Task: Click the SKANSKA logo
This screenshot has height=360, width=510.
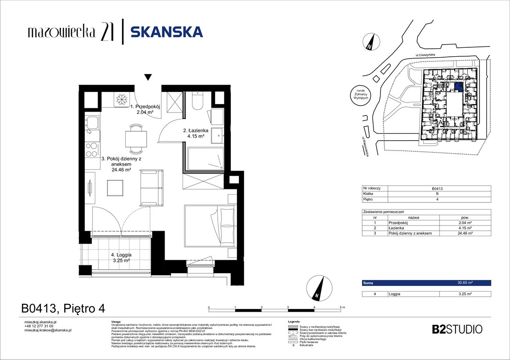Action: click(167, 32)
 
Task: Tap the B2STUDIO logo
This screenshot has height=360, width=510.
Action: click(457, 329)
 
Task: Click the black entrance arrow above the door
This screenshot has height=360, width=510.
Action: click(148, 77)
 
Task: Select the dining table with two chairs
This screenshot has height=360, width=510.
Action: click(136, 139)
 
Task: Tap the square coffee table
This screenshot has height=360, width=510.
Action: click(115, 188)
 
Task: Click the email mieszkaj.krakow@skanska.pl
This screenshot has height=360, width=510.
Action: click(47, 330)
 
